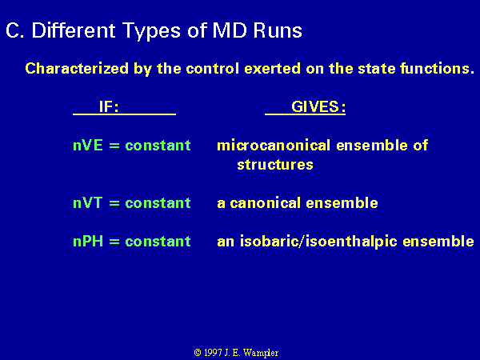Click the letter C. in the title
(14, 30)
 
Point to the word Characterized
(77, 68)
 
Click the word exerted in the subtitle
(272, 68)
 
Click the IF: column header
(109, 107)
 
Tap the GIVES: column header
(318, 107)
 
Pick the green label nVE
(88, 145)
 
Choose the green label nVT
(87, 203)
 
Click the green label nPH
(88, 242)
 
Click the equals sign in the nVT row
(114, 203)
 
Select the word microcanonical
(274, 145)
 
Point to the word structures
(275, 165)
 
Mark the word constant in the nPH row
(158, 242)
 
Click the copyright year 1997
(213, 353)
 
